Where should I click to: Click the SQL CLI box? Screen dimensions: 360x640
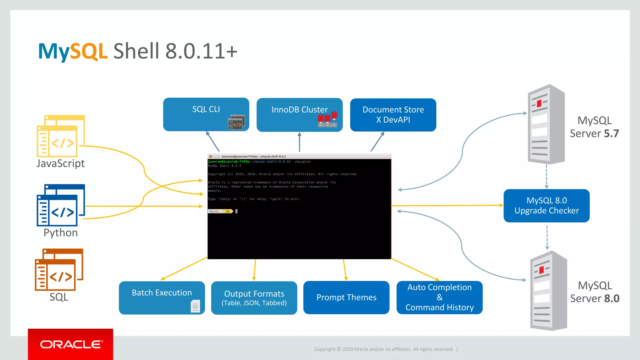click(x=206, y=114)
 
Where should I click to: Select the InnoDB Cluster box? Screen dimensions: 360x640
click(x=299, y=115)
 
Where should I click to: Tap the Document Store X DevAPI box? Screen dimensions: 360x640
click(x=393, y=115)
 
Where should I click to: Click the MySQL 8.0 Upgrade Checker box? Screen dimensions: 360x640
click(x=546, y=206)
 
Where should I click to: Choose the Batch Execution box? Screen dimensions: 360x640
click(x=162, y=297)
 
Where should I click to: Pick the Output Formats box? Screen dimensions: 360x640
click(x=254, y=298)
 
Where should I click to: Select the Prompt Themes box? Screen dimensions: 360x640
click(x=346, y=297)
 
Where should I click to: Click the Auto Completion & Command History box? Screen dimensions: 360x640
click(x=439, y=297)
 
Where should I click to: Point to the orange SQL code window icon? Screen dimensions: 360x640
click(x=59, y=269)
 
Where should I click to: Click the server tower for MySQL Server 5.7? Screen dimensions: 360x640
click(x=546, y=124)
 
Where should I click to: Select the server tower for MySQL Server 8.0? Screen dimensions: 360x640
click(x=548, y=291)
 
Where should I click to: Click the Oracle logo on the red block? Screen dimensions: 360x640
click(x=71, y=344)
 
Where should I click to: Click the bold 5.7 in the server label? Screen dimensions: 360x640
click(x=611, y=133)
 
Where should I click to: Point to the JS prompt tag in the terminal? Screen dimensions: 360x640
click(x=228, y=212)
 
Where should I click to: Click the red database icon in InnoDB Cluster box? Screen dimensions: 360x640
click(x=327, y=119)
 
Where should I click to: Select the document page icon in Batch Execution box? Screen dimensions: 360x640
click(x=195, y=306)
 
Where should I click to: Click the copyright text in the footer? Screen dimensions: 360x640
click(x=383, y=349)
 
